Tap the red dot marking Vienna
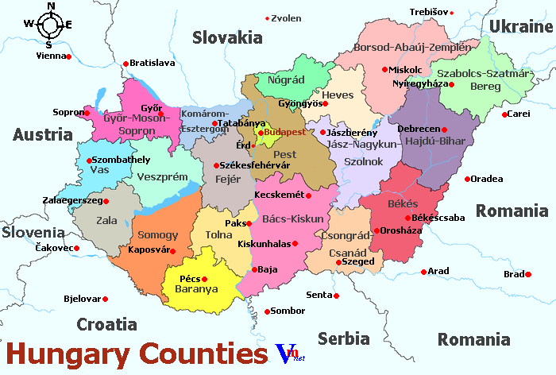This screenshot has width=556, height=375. (x=69, y=56)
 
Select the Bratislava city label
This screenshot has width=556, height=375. (x=153, y=63)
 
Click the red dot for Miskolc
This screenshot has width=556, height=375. (x=385, y=70)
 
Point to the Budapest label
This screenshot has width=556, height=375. (x=284, y=131)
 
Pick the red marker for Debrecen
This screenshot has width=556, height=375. (x=445, y=130)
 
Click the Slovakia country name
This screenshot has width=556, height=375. (x=226, y=37)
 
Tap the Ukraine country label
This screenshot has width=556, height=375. (x=520, y=26)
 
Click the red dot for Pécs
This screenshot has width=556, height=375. (x=204, y=279)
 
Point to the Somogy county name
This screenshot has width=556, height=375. (x=158, y=235)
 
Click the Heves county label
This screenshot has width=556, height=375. (x=338, y=95)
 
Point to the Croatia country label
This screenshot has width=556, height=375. (x=106, y=324)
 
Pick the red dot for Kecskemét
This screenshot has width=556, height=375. (x=308, y=195)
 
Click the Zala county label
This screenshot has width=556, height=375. (x=106, y=219)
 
